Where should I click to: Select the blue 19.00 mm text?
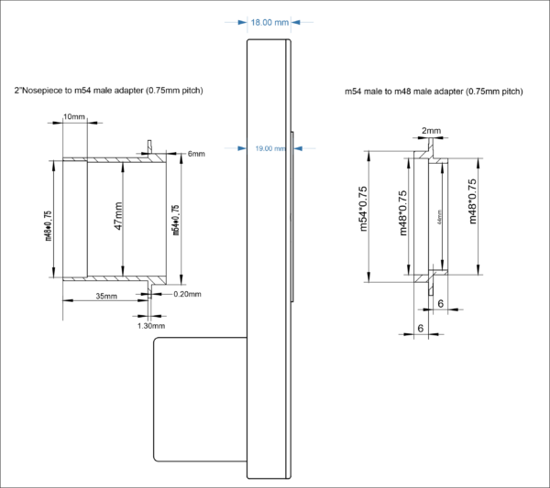[269, 147]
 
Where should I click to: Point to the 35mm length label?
[105, 296]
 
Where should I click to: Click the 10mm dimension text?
[74, 117]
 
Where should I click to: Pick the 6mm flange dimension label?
[196, 153]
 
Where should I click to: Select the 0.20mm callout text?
[187, 293]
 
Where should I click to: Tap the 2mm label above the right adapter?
[431, 132]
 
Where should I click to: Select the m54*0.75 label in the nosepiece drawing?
[175, 219]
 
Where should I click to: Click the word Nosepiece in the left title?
[42, 92]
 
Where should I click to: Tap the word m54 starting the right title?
[354, 92]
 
